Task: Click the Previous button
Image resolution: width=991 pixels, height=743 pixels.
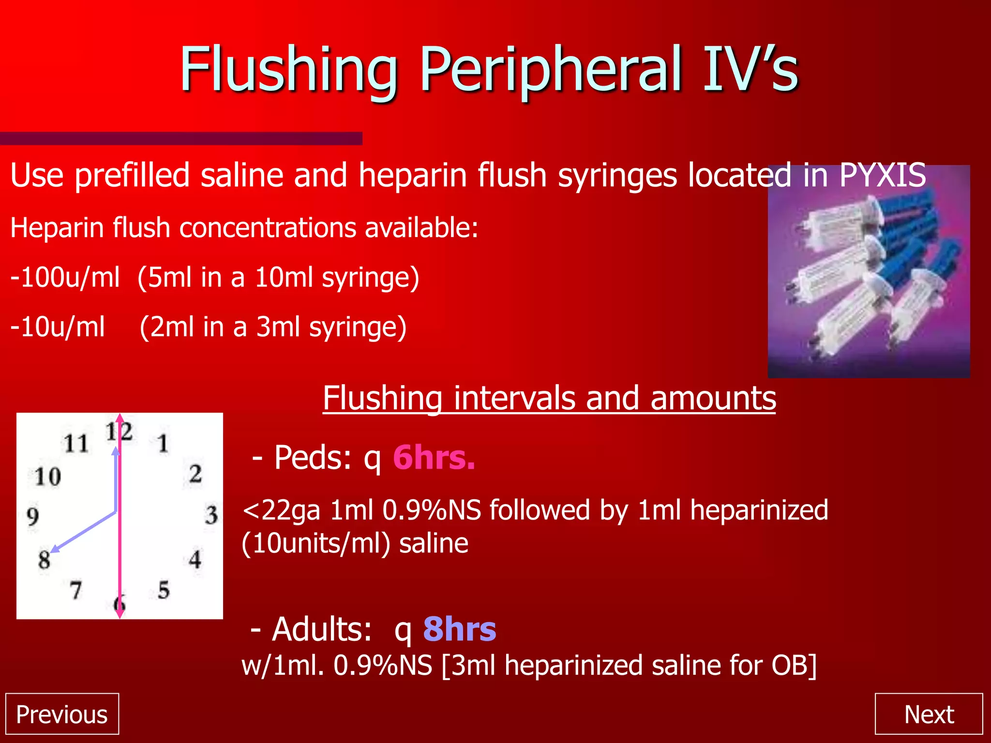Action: tap(62, 714)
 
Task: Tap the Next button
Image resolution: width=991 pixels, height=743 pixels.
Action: tap(929, 714)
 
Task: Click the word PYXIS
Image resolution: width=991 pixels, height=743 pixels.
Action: tap(883, 175)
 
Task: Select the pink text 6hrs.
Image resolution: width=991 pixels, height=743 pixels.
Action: tap(434, 458)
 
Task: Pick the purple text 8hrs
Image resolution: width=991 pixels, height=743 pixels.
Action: tap(459, 629)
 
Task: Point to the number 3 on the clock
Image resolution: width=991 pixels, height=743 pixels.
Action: tap(211, 515)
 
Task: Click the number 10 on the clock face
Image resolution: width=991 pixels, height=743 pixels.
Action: tap(48, 477)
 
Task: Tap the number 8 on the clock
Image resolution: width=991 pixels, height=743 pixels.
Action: tap(45, 560)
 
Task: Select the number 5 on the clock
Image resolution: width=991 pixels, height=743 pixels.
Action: tap(164, 590)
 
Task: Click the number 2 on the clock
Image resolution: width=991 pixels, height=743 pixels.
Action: tap(195, 474)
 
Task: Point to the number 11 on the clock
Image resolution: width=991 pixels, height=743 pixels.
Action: tap(76, 443)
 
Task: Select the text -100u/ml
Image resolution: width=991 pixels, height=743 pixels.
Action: tap(65, 278)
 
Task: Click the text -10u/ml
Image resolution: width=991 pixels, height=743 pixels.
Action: tap(58, 327)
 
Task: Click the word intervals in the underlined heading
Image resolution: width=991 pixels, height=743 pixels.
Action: tap(514, 398)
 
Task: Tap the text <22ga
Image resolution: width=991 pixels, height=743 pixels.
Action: tap(281, 511)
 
